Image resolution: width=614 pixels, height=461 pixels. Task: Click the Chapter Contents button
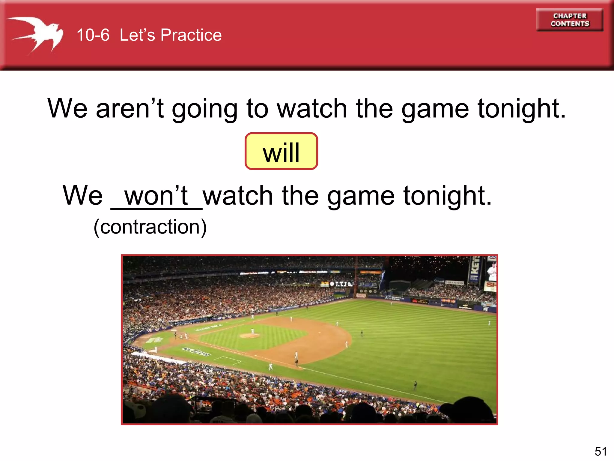coord(569,20)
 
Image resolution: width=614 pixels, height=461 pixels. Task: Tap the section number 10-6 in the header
coord(93,35)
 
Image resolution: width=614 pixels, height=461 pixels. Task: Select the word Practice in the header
coord(191,35)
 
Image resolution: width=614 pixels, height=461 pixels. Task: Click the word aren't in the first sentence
coord(130,108)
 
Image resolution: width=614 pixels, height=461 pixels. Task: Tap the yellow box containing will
coord(281,151)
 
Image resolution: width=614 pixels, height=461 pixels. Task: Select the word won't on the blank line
coord(156,196)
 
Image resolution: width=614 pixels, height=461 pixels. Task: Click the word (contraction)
coord(150,227)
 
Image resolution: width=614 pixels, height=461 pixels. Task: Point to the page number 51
coord(601,451)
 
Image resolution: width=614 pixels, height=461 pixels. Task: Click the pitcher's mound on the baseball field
coord(249,335)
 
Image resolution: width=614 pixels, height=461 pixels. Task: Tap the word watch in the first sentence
coord(312,108)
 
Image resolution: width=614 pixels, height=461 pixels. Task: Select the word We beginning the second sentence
coord(82,196)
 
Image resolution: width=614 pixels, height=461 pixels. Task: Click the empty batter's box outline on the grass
coord(227,360)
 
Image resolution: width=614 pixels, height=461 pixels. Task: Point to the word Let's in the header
coord(137,35)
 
